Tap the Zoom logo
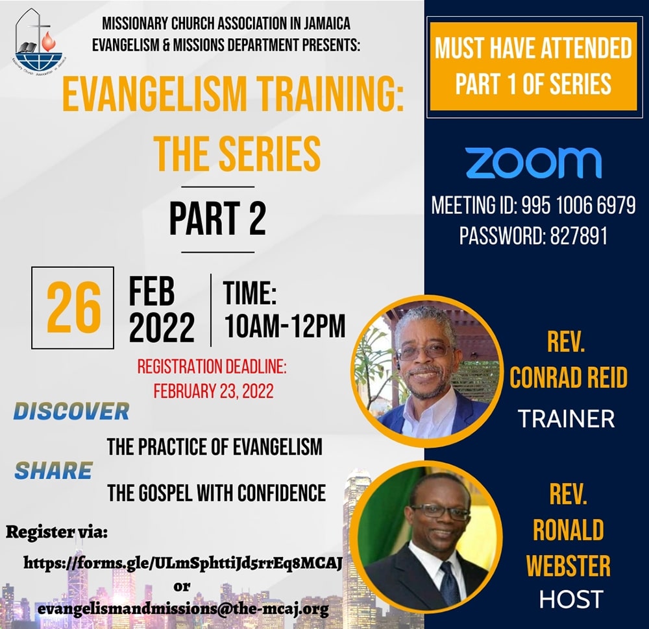coord(533,163)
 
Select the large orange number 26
coord(73,307)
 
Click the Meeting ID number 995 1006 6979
coord(578,205)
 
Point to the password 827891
coord(579,236)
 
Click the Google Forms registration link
coord(183,563)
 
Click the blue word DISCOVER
coord(71,412)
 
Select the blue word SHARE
coord(53,471)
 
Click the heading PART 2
coord(217,219)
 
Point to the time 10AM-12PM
coord(285,326)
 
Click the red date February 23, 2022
coord(214,391)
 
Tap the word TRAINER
coord(566,418)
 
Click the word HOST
coord(570,599)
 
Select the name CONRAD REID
coord(569,377)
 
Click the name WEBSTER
coord(569,565)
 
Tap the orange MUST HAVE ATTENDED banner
coord(533,66)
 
